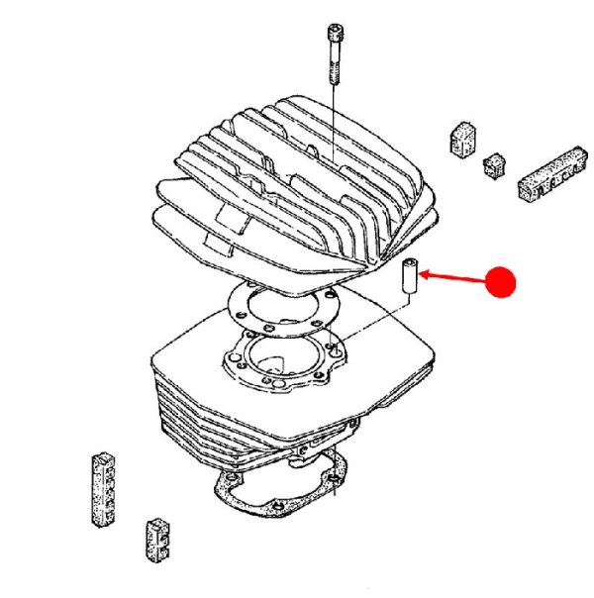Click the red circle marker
coord(503,282)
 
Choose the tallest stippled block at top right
coord(461,139)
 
